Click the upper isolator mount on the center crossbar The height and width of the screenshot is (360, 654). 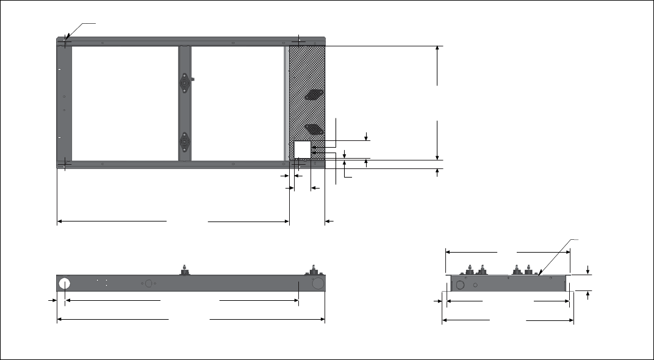point(184,82)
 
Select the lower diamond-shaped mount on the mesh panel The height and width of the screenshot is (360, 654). point(314,128)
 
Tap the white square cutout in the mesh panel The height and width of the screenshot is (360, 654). point(303,150)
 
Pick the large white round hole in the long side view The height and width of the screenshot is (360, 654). point(65,284)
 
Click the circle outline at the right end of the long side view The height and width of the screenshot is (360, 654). point(317,284)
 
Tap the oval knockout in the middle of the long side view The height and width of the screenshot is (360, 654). point(147,284)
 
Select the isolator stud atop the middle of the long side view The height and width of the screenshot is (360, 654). point(184,270)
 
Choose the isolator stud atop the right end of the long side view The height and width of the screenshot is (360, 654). point(315,269)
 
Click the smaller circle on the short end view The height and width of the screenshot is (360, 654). point(475,284)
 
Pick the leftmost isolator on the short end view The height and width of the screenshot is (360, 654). point(470,270)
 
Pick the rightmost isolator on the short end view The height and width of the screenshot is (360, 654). point(528,270)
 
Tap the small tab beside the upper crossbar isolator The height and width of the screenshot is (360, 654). point(192,79)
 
